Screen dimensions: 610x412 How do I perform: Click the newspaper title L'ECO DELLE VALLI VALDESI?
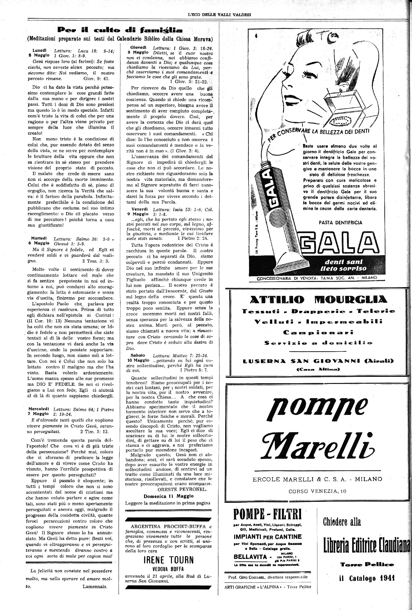coord(219,15)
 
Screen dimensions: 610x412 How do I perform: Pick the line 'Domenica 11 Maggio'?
coord(168,496)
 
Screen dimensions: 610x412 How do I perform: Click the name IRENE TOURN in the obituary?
coord(169,560)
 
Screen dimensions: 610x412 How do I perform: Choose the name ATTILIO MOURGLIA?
coord(318,299)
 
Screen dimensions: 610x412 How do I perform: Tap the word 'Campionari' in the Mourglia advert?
coord(318,332)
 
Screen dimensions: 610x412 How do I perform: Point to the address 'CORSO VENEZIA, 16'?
coord(317,491)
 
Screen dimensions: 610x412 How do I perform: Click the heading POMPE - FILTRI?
coord(267,514)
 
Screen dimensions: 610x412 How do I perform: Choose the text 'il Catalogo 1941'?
coord(367,578)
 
